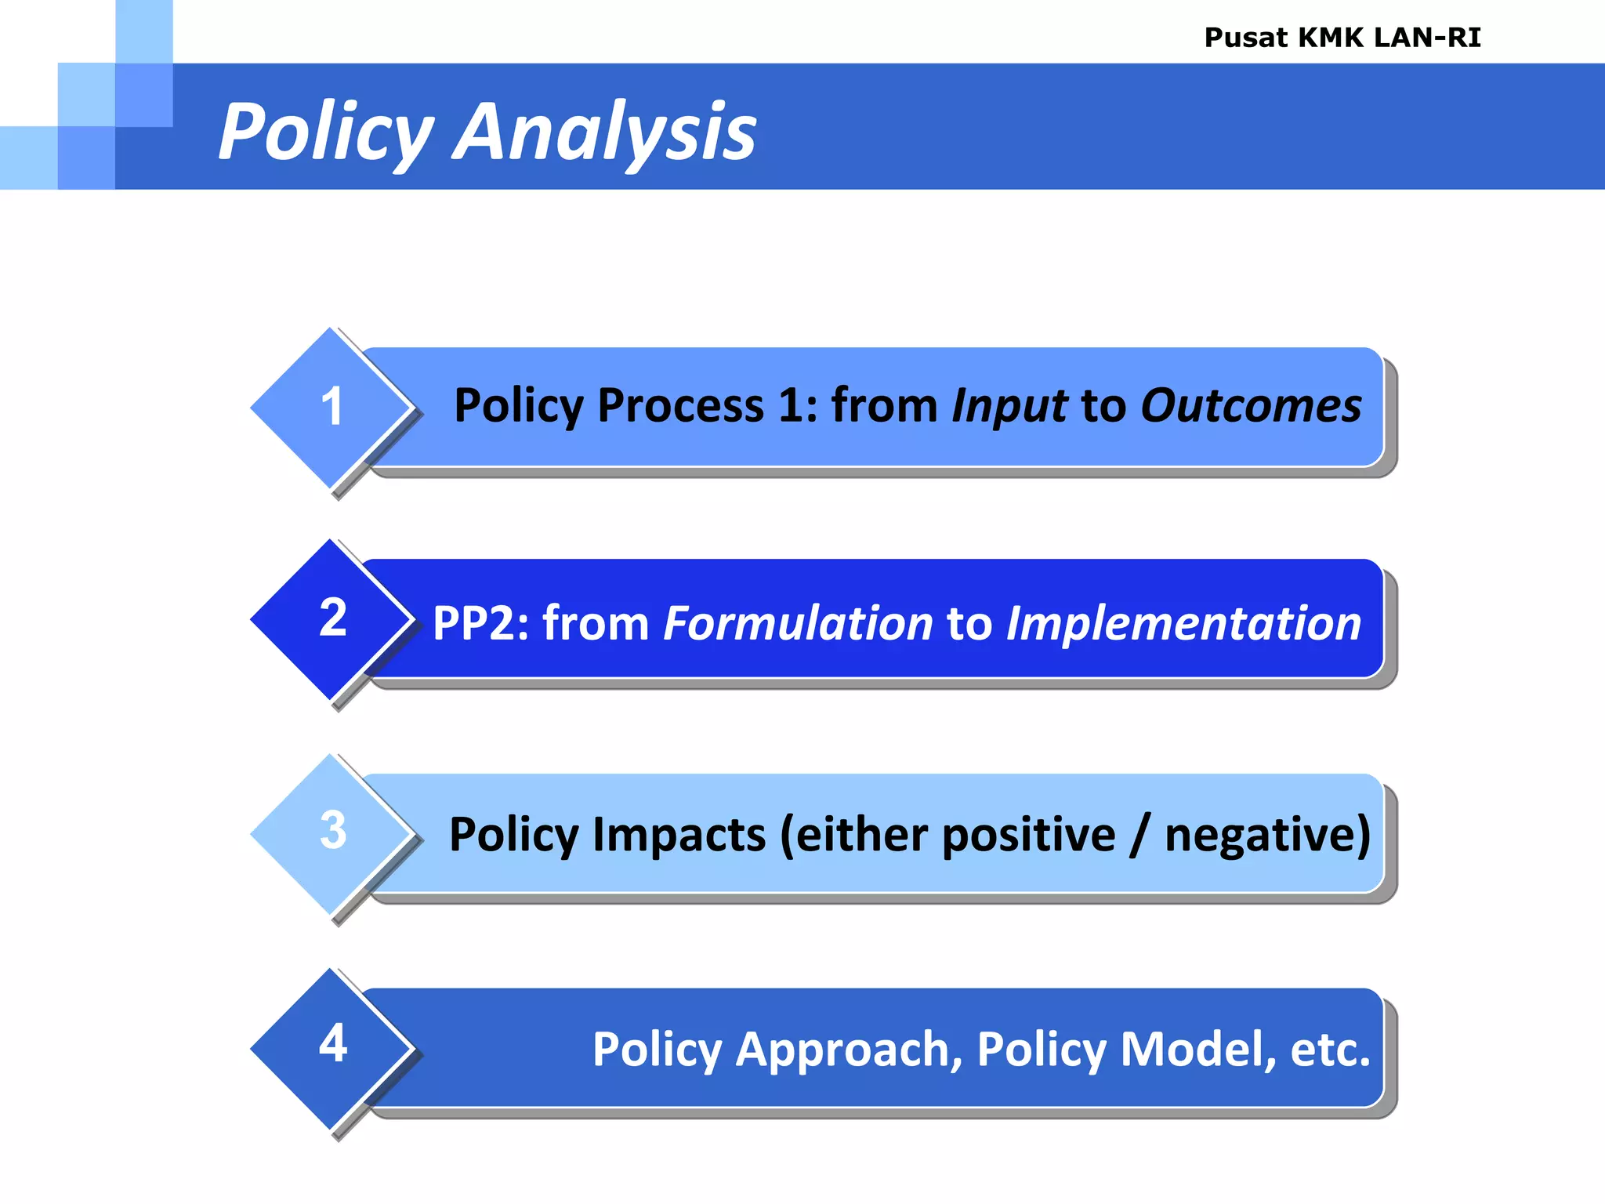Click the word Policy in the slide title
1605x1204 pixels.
[x=325, y=133]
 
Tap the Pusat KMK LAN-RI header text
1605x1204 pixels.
[x=1342, y=38]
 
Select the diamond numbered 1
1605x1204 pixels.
[x=332, y=408]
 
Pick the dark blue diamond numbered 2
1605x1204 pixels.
[x=332, y=618]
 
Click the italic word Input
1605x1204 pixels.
[x=1009, y=407]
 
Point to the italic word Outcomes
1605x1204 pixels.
[x=1251, y=407]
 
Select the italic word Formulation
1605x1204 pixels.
[x=798, y=624]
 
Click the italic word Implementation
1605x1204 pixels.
[x=1183, y=624]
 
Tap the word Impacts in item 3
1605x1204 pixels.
[x=679, y=835]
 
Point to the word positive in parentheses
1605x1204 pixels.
[x=1028, y=835]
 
